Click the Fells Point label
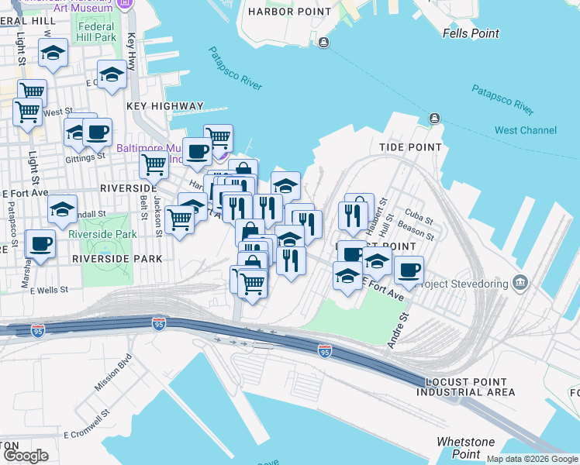tap(471, 33)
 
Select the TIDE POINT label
tap(410, 147)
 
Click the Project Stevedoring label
tap(463, 284)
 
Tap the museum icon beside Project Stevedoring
tap(520, 282)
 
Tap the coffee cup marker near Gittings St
tap(97, 133)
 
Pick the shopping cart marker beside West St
tap(27, 111)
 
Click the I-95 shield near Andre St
tap(325, 352)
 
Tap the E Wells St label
tap(50, 290)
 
